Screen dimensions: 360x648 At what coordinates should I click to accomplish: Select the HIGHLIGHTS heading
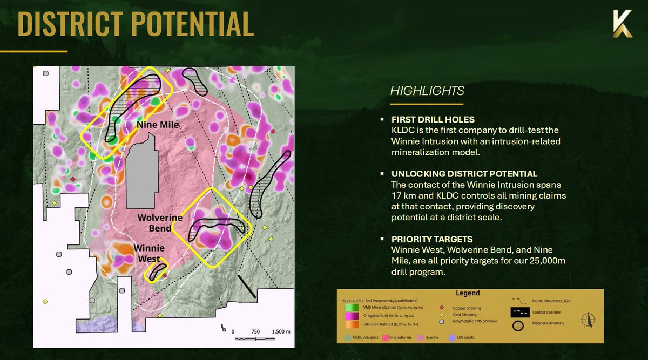[427, 91]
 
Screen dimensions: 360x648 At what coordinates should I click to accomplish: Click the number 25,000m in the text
[541, 262]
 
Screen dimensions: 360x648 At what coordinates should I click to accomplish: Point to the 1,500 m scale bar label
[280, 331]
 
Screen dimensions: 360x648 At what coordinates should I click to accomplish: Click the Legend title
[468, 293]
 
